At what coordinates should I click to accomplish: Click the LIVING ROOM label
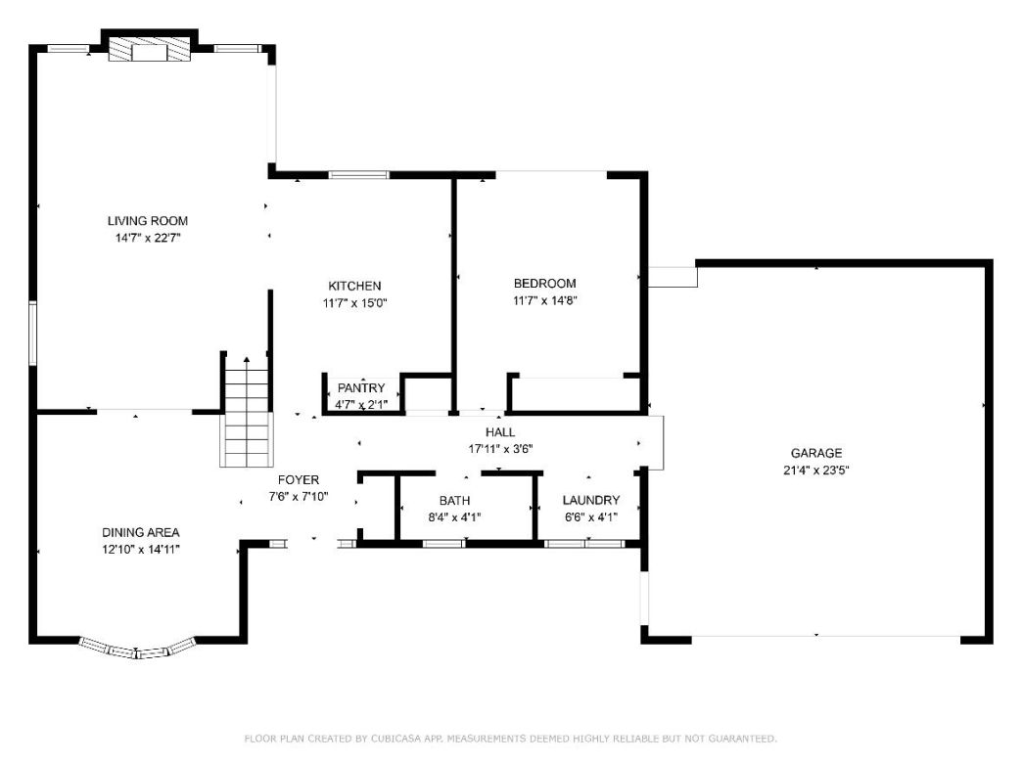click(148, 221)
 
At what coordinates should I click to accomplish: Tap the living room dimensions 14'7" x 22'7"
click(148, 238)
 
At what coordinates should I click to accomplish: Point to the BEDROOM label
click(545, 284)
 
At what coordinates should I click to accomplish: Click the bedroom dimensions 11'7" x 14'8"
click(545, 301)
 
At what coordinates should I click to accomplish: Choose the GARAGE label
click(816, 453)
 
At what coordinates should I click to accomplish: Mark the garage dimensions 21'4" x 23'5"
click(816, 470)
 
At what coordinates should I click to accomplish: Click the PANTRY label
click(361, 388)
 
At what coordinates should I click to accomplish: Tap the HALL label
click(500, 432)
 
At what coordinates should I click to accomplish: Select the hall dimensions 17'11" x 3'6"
click(500, 449)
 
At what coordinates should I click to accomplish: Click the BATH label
click(454, 501)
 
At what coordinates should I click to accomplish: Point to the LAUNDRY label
click(591, 501)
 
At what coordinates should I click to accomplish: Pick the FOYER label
click(299, 480)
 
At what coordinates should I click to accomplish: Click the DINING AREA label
click(141, 532)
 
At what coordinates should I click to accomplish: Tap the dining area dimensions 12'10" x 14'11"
click(141, 549)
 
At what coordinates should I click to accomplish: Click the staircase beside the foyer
click(246, 411)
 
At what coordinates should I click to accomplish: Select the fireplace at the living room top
click(150, 52)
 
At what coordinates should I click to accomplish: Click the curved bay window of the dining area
click(136, 650)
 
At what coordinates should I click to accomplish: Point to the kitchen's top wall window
click(358, 175)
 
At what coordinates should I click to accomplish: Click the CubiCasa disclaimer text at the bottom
click(510, 739)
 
